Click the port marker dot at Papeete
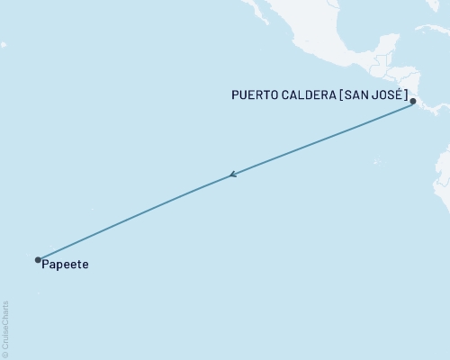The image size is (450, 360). [x=38, y=260]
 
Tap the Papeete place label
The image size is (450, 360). [x=65, y=267]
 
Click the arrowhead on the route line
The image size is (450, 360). [x=232, y=175]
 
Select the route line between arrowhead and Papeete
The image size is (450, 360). [x=135, y=217]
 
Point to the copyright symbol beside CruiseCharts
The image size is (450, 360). [x=6, y=354]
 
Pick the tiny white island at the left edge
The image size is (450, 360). [x=3, y=44]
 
